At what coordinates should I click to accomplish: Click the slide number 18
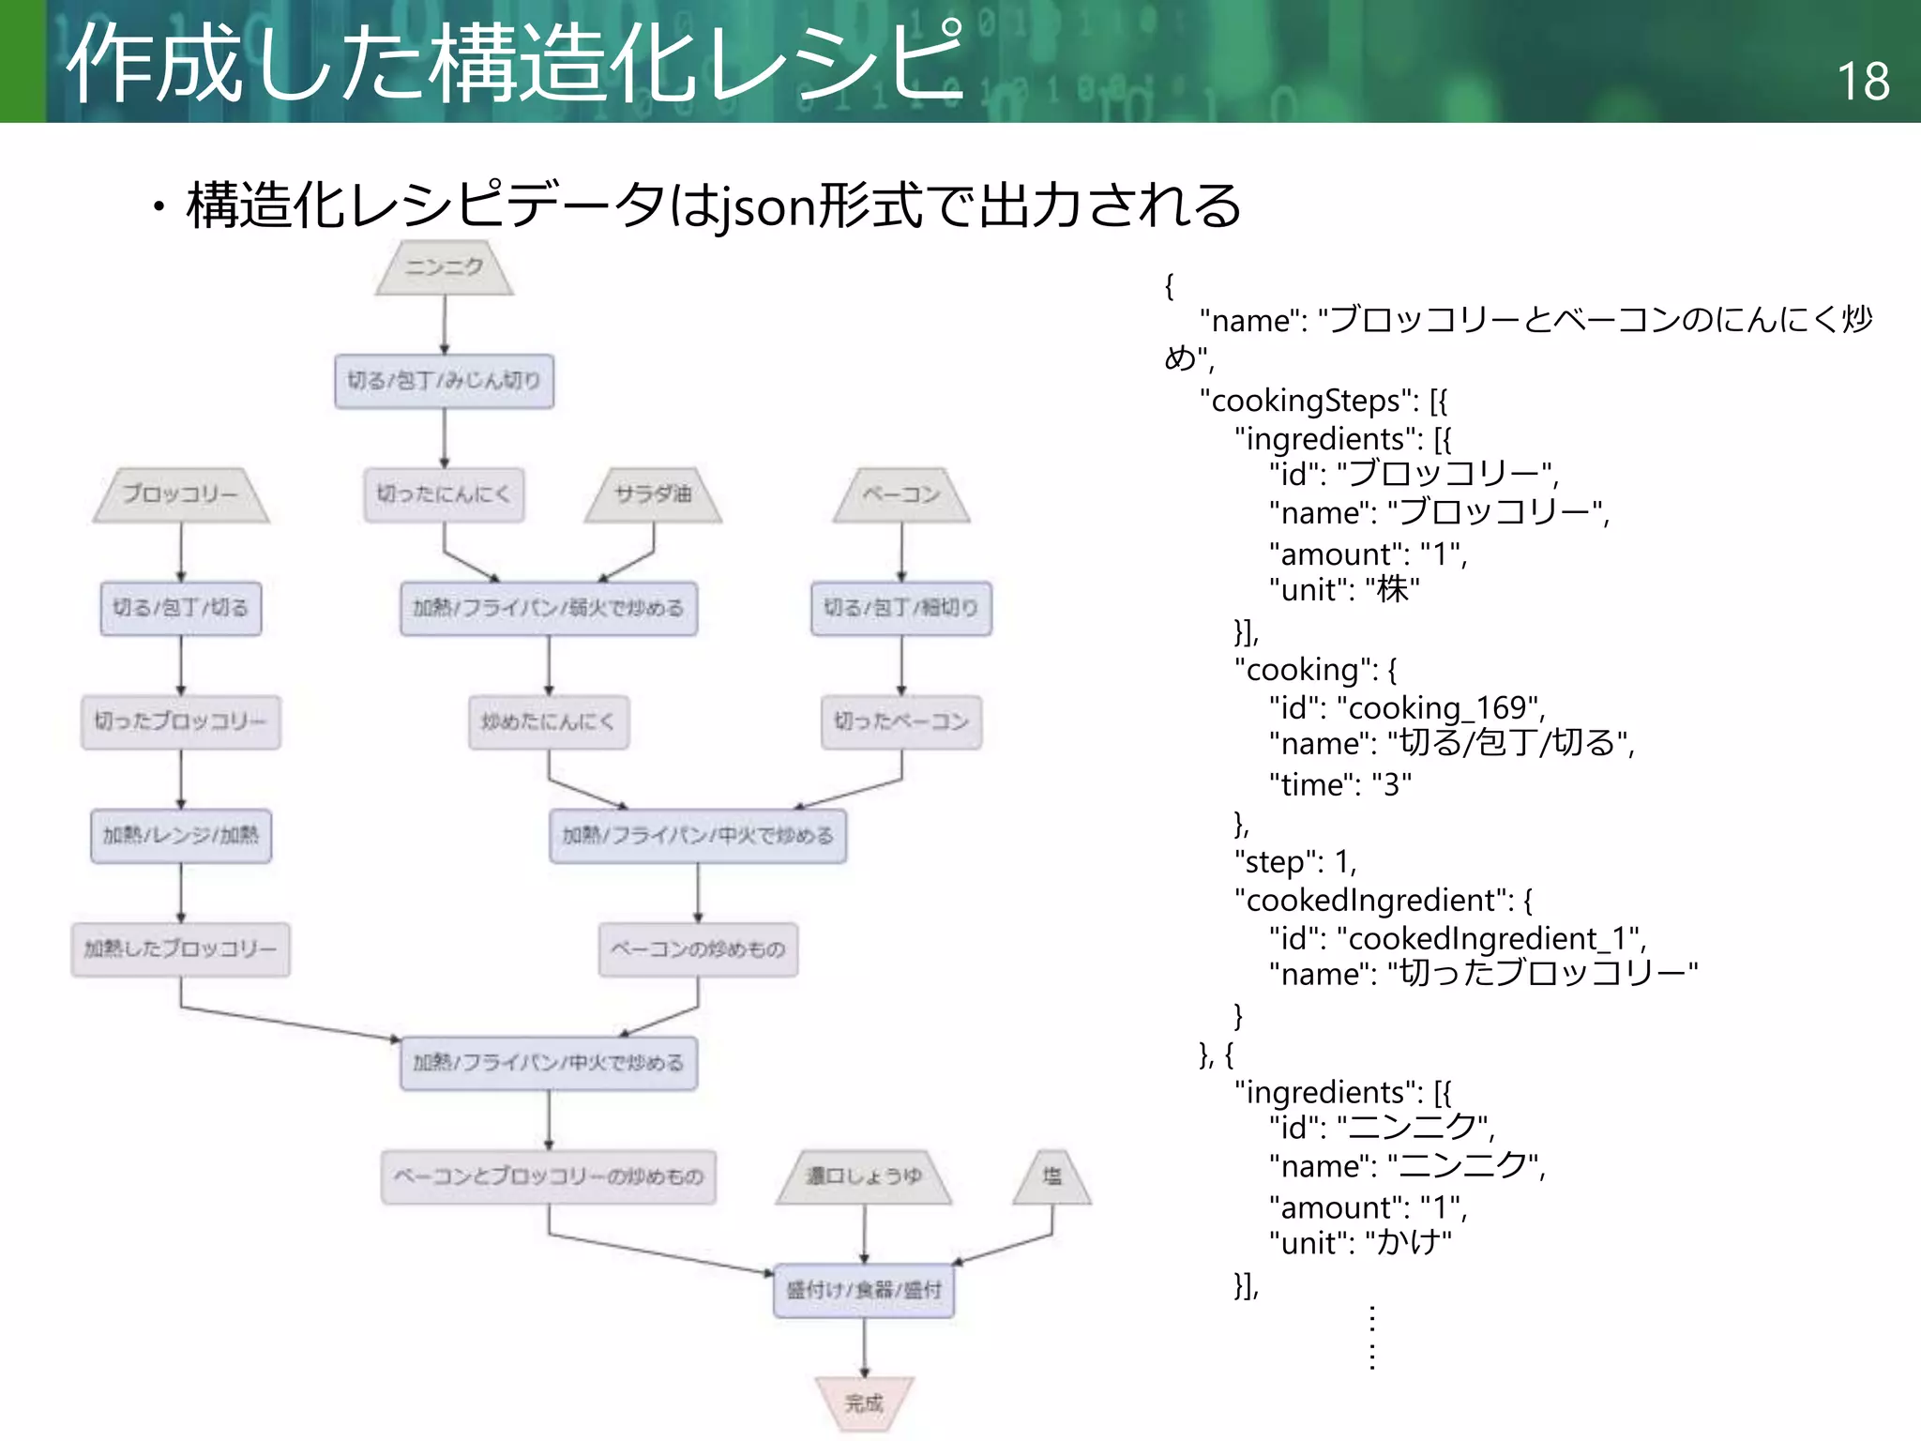(1863, 82)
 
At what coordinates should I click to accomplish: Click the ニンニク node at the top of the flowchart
(444, 268)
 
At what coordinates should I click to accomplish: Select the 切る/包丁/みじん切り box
(444, 381)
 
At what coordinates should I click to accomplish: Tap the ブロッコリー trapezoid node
(181, 494)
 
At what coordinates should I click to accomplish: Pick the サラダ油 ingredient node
(653, 494)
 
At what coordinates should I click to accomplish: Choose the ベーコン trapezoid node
(901, 494)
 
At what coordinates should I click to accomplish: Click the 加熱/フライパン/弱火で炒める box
(549, 609)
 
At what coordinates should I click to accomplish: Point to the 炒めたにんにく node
(549, 721)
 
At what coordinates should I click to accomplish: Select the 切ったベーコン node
(901, 721)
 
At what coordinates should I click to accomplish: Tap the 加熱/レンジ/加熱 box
(181, 835)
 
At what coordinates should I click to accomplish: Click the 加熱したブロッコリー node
(181, 949)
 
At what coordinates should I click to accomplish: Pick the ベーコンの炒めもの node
(698, 949)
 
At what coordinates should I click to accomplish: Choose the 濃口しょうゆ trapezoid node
(864, 1176)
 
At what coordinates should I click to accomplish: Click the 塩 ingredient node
(1052, 1176)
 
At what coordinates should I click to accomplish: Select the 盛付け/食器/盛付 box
(864, 1290)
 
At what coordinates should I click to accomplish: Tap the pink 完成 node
(864, 1403)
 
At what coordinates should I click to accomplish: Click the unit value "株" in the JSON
(1392, 590)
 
